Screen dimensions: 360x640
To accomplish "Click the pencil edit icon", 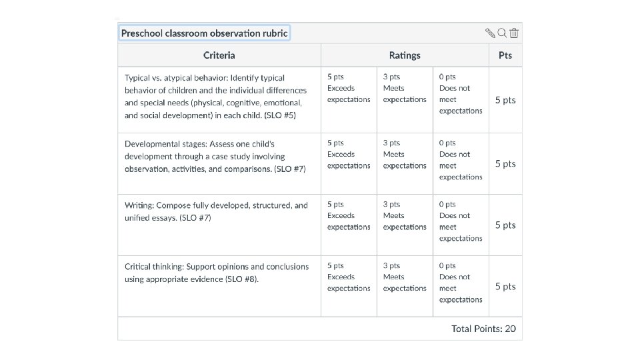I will tap(490, 33).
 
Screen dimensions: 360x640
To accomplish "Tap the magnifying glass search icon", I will tap(502, 33).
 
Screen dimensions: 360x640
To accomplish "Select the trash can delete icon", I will tap(514, 33).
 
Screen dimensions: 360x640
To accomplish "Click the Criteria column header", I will tap(219, 55).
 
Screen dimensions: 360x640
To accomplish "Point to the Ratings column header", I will tap(405, 55).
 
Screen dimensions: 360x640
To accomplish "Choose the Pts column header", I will tap(505, 55).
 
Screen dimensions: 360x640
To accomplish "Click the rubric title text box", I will tap(204, 33).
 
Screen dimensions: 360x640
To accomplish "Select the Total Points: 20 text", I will tap(483, 329).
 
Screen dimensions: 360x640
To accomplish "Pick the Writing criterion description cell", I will tap(216, 211).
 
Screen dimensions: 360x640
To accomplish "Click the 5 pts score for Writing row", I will tap(505, 225).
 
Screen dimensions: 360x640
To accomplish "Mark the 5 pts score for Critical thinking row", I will tap(505, 287).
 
